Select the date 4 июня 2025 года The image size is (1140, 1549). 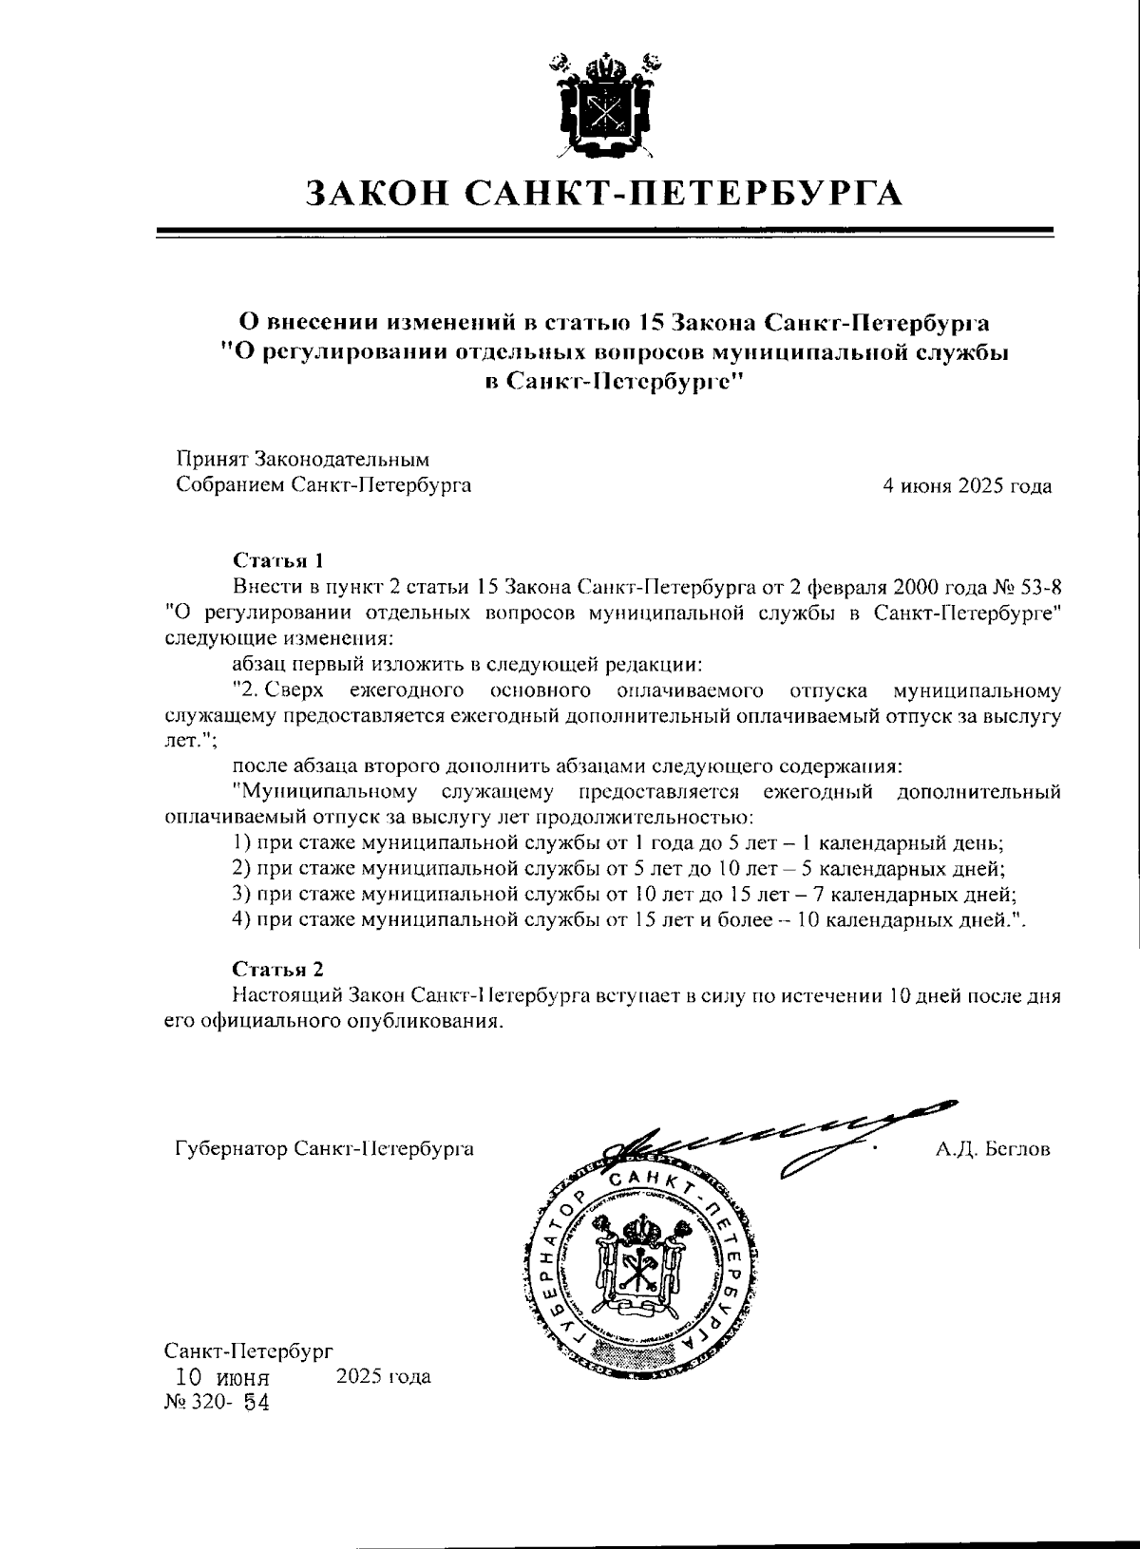click(x=966, y=487)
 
